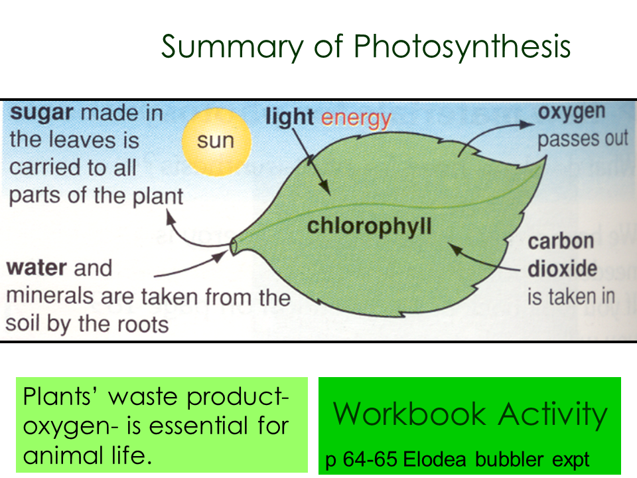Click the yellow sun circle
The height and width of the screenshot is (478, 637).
point(216,142)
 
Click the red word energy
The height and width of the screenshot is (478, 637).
point(356,119)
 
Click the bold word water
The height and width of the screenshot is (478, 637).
point(36,268)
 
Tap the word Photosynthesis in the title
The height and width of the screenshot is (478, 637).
point(462,46)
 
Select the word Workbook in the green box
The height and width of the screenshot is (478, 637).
point(409,414)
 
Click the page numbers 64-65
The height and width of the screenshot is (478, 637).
point(370,459)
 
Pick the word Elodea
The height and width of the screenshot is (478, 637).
point(434,459)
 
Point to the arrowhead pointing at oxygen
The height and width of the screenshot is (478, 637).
point(527,124)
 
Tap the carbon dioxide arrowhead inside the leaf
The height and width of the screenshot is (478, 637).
point(455,248)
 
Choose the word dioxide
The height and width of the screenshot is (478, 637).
point(562,269)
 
